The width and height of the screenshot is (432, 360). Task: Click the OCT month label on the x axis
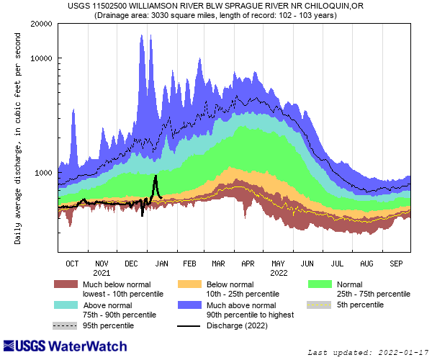click(x=72, y=264)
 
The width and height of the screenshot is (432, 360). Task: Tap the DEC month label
click(x=131, y=264)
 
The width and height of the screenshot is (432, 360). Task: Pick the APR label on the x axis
click(x=248, y=264)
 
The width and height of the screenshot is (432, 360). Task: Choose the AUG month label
click(x=366, y=264)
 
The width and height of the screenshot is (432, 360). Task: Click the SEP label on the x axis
click(x=395, y=264)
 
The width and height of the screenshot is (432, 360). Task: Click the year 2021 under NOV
click(x=102, y=273)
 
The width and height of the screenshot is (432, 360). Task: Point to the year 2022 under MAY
click(x=278, y=273)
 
